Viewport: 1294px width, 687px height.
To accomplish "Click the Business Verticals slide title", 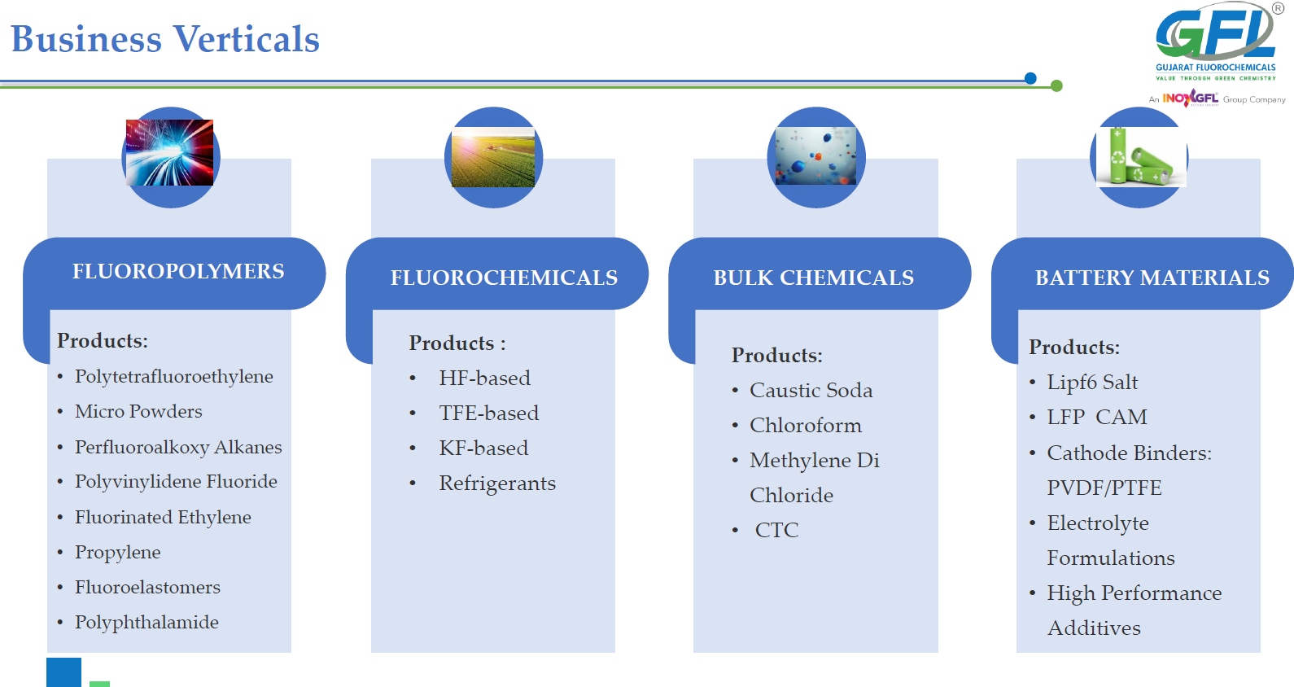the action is coord(165,39).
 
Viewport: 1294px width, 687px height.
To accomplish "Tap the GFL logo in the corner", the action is coord(1215,42).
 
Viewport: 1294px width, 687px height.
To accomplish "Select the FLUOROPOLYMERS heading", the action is coord(178,271).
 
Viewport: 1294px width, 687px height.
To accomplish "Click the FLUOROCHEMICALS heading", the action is coord(504,278).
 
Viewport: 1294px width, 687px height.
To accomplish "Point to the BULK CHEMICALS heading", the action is coord(813,278).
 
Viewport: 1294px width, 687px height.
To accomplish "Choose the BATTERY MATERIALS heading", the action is coord(1152,278).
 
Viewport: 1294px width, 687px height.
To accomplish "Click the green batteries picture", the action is coord(1141,156).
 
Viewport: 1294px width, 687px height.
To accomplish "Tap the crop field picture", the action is coord(492,157).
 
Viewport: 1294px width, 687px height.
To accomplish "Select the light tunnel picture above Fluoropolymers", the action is coord(169,152).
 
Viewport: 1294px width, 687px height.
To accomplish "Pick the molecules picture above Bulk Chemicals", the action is coord(815,156).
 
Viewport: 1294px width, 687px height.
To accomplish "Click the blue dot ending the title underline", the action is coord(1030,78).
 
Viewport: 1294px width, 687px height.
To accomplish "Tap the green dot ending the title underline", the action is coord(1056,86).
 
